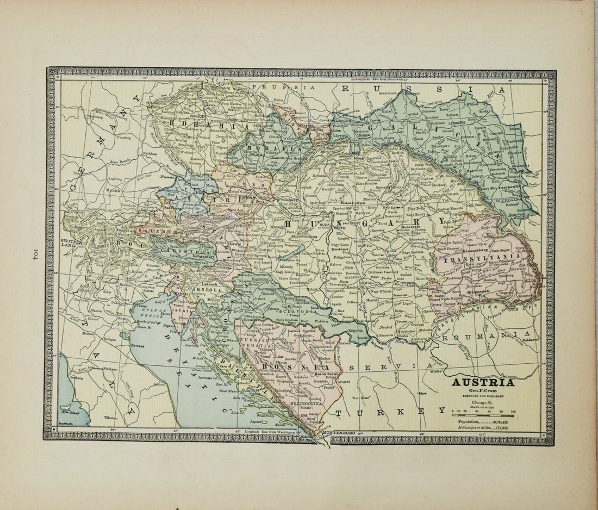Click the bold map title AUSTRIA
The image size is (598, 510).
coord(483,382)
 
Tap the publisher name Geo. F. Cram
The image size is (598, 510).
coord(483,390)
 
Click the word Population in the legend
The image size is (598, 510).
coord(469,421)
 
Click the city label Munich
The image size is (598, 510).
coord(113,191)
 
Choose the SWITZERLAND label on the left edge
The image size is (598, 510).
coord(71,243)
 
